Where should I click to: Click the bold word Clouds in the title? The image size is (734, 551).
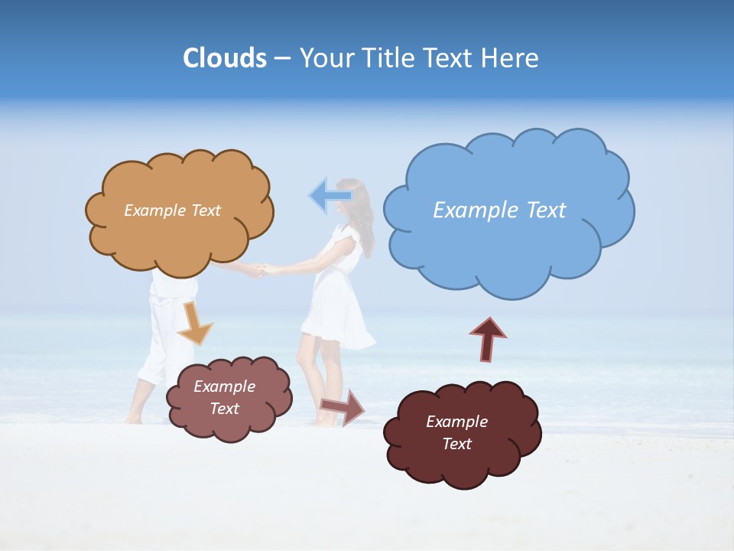(225, 58)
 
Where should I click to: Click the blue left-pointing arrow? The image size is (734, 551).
(330, 196)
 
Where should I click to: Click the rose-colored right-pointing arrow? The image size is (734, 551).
(342, 406)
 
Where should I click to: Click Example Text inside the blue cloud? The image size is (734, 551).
(499, 210)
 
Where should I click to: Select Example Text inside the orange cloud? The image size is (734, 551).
(172, 210)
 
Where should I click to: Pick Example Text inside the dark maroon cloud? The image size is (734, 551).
(456, 432)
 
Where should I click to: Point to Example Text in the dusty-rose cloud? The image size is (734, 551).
(224, 397)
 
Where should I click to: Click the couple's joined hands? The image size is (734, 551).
(260, 269)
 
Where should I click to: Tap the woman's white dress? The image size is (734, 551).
(336, 306)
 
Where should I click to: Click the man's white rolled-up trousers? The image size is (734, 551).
(164, 337)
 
